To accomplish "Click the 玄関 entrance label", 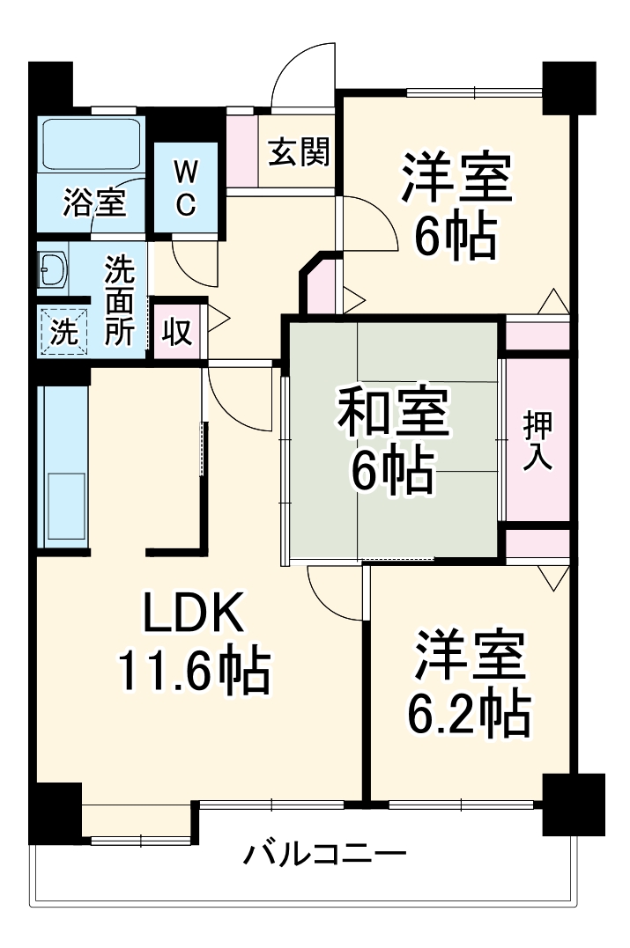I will point(299,152).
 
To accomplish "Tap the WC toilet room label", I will point(185,187).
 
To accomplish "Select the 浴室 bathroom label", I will point(93,203).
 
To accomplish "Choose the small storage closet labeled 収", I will point(177,333).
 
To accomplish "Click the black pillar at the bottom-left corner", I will point(55,811).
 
